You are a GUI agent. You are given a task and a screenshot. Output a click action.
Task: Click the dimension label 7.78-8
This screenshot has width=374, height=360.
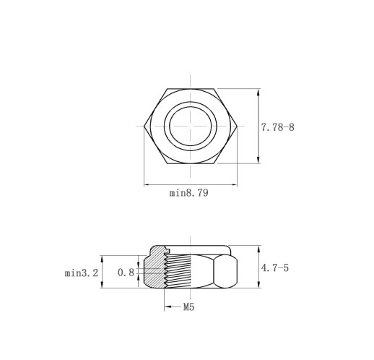pos(277,127)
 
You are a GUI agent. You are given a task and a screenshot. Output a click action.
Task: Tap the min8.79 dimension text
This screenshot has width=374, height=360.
pos(188,193)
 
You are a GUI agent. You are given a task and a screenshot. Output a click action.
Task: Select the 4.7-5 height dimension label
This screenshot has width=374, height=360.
pos(274,267)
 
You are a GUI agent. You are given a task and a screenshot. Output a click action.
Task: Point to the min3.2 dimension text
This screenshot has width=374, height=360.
pos(82,273)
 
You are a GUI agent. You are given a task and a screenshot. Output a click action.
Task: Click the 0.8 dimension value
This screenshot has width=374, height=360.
pos(126,273)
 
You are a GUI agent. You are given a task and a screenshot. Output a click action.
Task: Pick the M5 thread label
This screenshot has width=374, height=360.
pos(188,307)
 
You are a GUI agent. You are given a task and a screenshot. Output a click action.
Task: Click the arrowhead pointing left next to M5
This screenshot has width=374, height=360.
pos(168,307)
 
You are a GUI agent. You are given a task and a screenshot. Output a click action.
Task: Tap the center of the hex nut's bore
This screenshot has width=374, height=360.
pos(191,126)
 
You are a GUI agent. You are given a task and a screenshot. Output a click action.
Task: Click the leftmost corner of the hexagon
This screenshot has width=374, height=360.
pos(144,126)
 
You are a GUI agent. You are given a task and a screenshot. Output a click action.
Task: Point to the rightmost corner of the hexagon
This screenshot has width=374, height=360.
pos(237,126)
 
